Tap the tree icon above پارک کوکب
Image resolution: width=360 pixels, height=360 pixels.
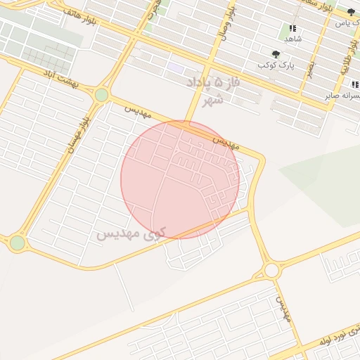click(275, 53)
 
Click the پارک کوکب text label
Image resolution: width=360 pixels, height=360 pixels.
click(276, 65)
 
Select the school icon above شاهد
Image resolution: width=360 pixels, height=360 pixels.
click(292, 28)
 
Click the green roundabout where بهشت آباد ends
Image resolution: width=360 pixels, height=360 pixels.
click(102, 95)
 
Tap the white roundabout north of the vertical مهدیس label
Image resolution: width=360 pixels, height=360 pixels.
click(271, 270)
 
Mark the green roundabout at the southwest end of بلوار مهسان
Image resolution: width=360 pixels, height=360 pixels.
click(17, 243)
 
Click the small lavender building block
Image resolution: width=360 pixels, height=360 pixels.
click(176, 67)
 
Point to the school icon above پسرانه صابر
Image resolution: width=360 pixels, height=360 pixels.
click(354, 84)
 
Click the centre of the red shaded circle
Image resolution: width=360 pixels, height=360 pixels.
click(180, 179)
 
